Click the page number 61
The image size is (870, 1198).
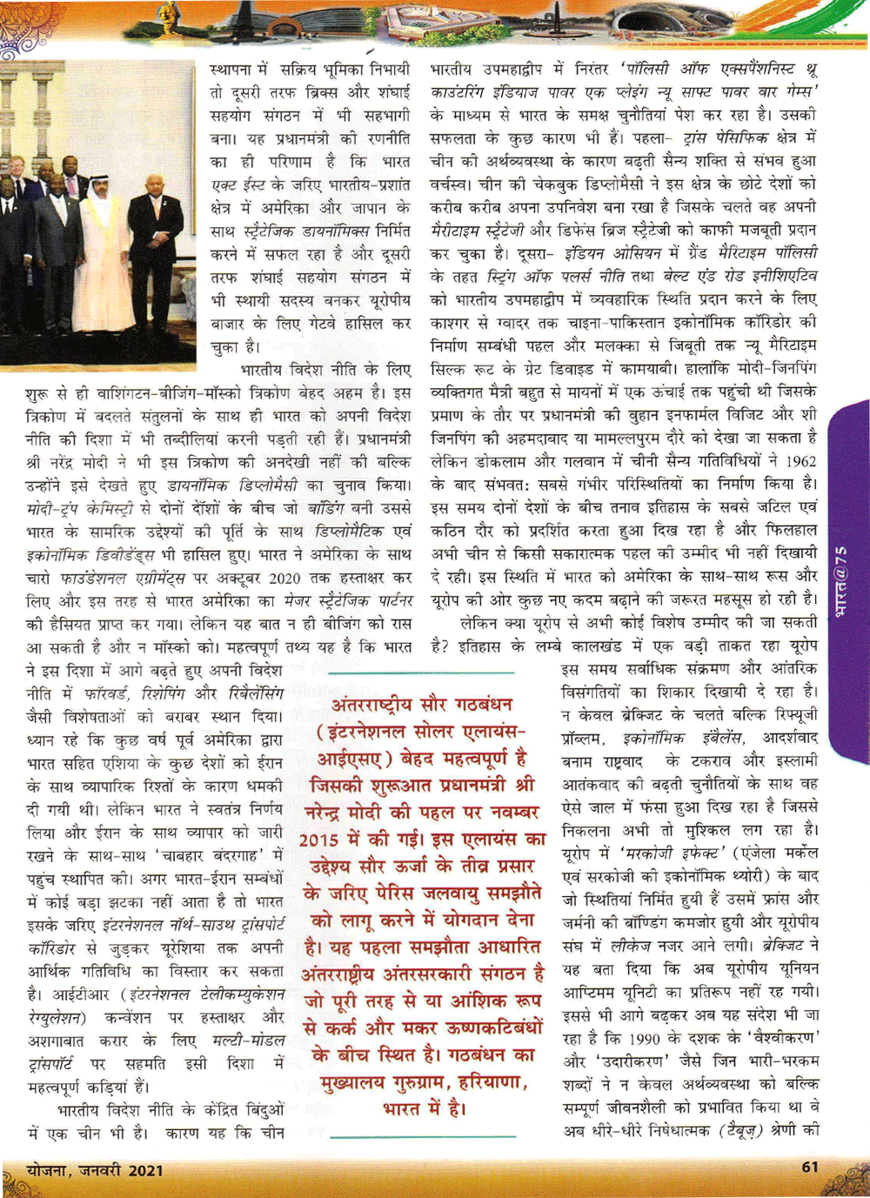809,1167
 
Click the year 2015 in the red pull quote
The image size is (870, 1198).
325,840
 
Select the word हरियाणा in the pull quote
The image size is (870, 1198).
492,1083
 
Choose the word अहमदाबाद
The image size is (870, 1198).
532,438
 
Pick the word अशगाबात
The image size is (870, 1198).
56,1041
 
